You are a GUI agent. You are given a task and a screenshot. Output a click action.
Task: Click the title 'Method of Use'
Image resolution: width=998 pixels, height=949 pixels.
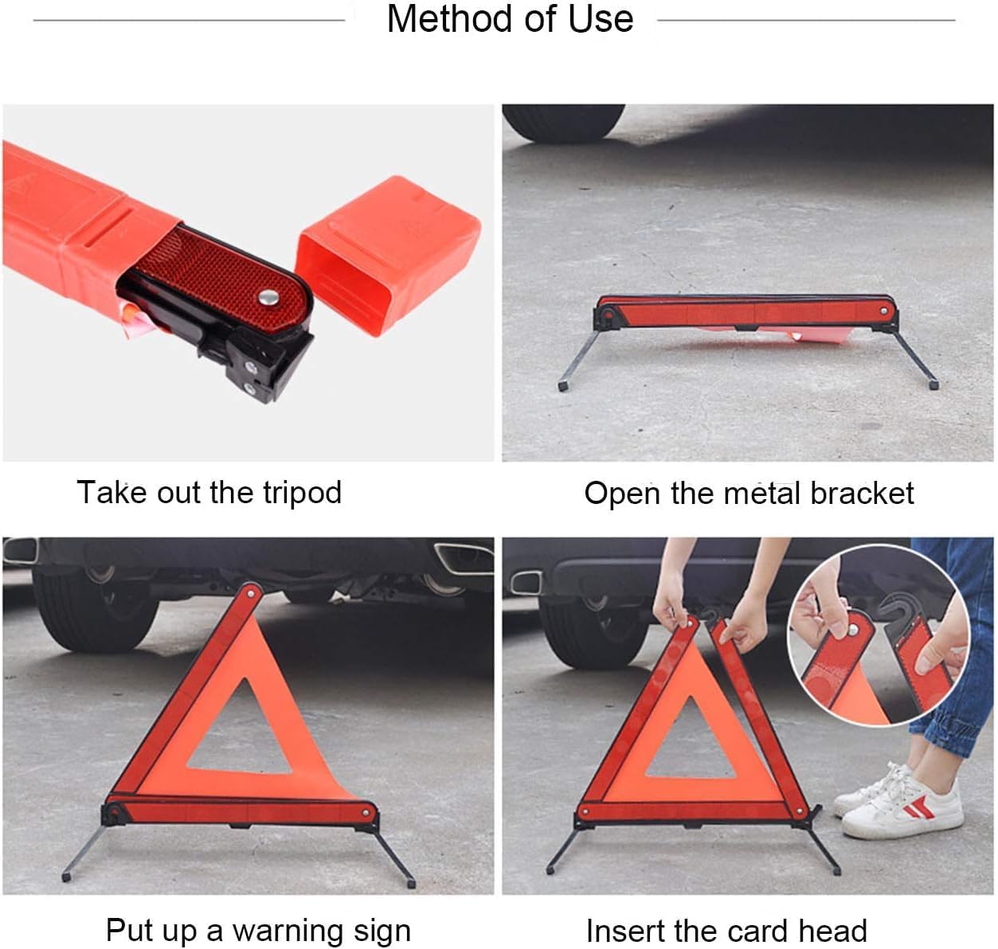[510, 19]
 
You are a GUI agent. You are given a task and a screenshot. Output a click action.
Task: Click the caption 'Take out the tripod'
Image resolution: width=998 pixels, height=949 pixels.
[209, 492]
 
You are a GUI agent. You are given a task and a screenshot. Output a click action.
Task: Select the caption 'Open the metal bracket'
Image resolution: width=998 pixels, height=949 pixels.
[749, 493]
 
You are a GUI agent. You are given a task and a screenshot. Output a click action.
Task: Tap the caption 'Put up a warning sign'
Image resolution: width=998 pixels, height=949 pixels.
[258, 929]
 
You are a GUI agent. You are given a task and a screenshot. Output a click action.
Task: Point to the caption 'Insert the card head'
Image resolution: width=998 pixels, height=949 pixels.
[726, 930]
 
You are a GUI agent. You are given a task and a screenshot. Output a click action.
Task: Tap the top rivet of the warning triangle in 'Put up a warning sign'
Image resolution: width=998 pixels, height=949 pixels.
[252, 593]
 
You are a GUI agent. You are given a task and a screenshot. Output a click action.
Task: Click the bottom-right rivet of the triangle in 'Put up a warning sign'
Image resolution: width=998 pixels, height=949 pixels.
[366, 813]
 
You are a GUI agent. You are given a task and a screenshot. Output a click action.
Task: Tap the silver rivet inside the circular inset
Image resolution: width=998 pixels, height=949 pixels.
[853, 630]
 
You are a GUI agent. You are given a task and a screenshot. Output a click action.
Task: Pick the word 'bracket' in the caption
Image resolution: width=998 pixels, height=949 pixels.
[862, 493]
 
